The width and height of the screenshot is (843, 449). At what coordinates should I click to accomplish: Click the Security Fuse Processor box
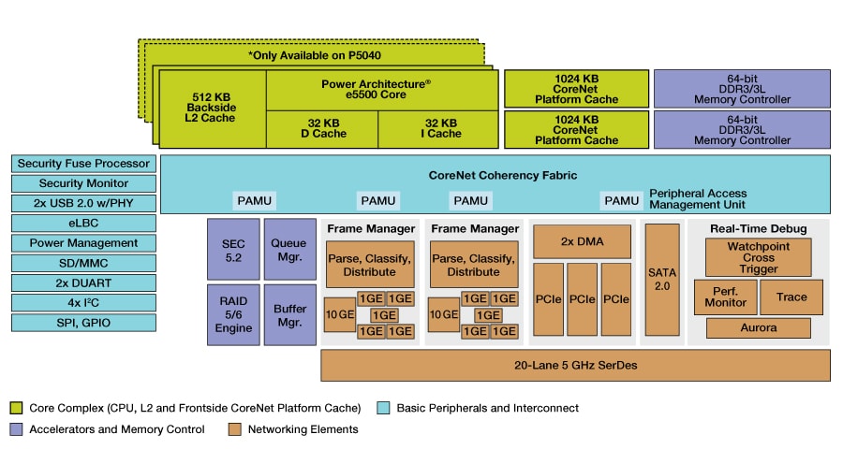tap(83, 164)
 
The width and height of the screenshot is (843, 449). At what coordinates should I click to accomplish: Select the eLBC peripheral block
tap(83, 223)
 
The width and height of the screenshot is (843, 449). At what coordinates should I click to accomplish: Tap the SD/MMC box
tap(83, 263)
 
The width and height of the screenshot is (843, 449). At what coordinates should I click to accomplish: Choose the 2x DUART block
tap(83, 282)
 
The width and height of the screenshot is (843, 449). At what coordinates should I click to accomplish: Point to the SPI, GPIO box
tap(83, 322)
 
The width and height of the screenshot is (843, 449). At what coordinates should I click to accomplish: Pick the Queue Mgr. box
tap(284, 249)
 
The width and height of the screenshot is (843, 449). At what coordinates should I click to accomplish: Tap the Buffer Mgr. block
tap(284, 314)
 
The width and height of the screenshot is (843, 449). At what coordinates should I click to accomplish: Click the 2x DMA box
tap(582, 241)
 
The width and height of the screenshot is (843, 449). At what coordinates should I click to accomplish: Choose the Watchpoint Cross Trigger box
tap(760, 256)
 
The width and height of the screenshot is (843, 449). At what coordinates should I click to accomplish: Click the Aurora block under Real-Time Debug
tap(760, 327)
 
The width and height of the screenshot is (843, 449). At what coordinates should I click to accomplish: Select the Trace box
tap(791, 297)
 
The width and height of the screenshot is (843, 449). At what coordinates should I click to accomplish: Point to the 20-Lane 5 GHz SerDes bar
tap(575, 365)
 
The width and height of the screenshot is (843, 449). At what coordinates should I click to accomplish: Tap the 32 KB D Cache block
tap(322, 128)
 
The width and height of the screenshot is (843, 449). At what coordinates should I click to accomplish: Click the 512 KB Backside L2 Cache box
tap(214, 107)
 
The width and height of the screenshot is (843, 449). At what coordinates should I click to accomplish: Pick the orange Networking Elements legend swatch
tap(234, 429)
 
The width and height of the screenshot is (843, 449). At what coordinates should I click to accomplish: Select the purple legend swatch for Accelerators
tap(16, 429)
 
